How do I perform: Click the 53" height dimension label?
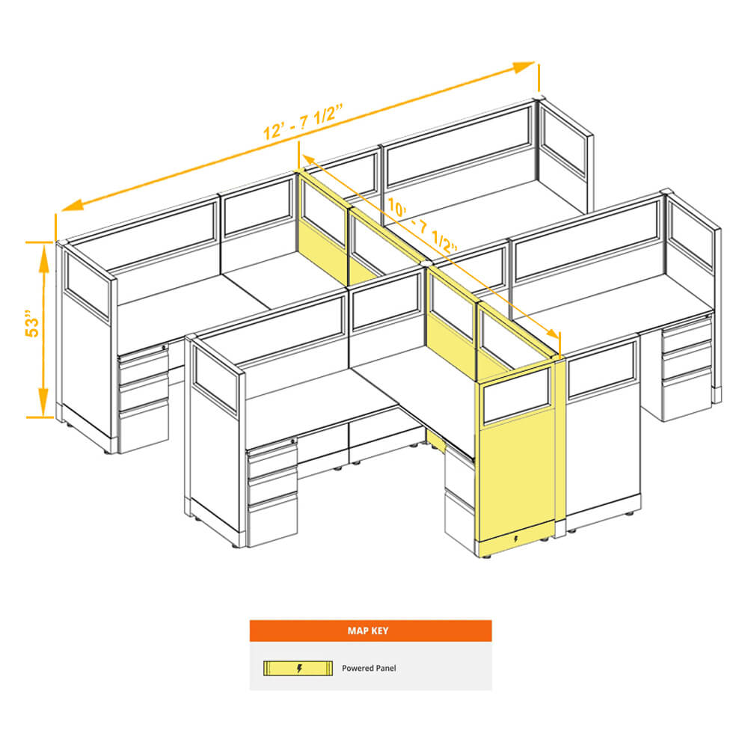[x=32, y=325]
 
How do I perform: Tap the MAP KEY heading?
[x=368, y=631]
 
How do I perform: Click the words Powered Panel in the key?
[x=369, y=668]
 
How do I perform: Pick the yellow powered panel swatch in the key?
[x=298, y=668]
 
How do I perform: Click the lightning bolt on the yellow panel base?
[x=515, y=539]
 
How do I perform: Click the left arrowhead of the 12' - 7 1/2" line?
[x=73, y=206]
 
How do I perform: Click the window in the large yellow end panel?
[x=517, y=396]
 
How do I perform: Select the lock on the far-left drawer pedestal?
[x=164, y=347]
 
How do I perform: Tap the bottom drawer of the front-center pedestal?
[x=272, y=520]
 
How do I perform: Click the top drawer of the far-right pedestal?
[x=687, y=334]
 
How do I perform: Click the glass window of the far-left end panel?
[x=88, y=284]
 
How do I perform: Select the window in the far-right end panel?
[x=690, y=233]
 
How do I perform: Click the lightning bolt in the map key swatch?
[x=299, y=668]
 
